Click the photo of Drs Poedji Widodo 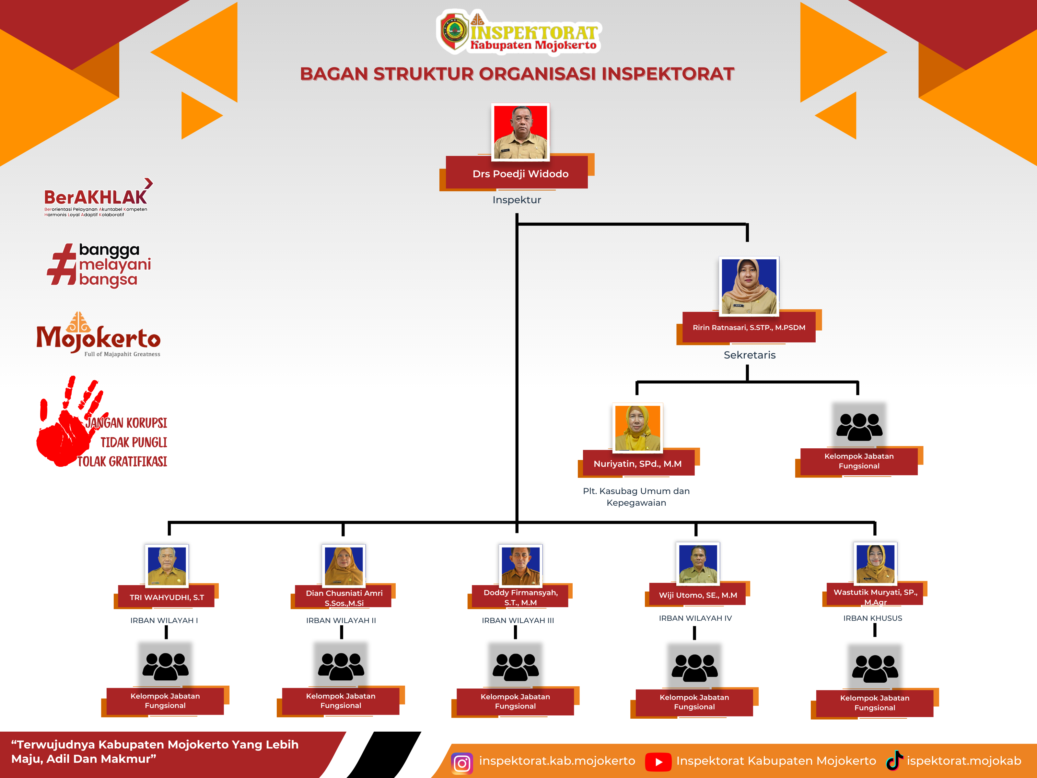[x=520, y=132]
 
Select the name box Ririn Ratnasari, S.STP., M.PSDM [x=749, y=327]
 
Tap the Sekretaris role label [x=750, y=355]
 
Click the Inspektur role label [x=517, y=200]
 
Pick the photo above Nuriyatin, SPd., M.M [x=637, y=428]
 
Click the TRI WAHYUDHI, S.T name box [x=167, y=597]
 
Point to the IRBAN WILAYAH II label [x=341, y=620]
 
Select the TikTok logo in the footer [x=894, y=760]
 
